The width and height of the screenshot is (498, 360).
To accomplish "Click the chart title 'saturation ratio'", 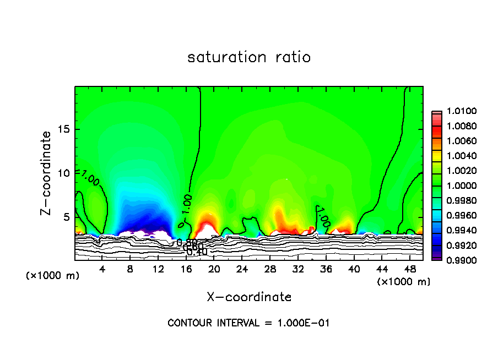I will tap(249, 57).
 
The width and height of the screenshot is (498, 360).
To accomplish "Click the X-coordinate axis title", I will tap(249, 297).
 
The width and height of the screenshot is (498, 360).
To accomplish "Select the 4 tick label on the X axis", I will tap(102, 269).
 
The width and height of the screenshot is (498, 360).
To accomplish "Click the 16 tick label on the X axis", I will tap(186, 269).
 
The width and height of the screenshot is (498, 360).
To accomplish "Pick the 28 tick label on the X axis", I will tap(270, 269).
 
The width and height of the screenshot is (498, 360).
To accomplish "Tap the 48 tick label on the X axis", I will tap(409, 269).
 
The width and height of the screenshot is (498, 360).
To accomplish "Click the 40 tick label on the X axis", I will tap(354, 269).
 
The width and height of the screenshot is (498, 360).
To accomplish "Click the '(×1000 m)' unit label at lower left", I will tap(53, 275).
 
